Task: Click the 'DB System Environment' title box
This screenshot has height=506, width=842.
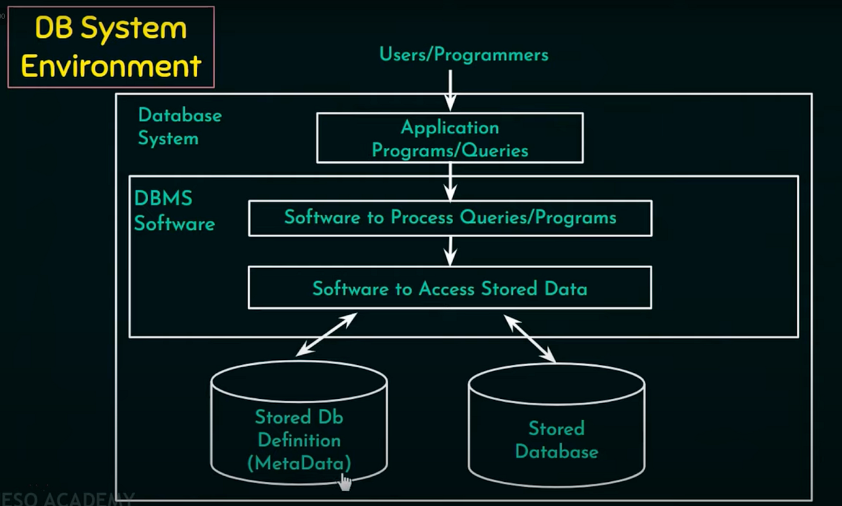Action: click(x=111, y=47)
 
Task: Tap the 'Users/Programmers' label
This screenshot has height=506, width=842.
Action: click(x=463, y=55)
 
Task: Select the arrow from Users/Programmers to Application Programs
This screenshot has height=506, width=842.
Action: click(x=451, y=90)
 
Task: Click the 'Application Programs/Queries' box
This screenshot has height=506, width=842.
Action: click(x=450, y=138)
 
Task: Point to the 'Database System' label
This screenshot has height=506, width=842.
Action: click(x=179, y=126)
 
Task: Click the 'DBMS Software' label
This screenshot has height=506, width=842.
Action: click(x=174, y=211)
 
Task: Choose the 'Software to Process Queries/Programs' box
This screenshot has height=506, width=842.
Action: click(x=450, y=218)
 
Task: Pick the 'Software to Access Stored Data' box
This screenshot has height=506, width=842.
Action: click(x=450, y=288)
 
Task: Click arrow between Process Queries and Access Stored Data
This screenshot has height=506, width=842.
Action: click(x=451, y=251)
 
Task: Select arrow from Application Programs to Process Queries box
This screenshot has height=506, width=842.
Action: click(x=451, y=182)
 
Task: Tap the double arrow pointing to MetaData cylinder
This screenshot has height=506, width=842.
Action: click(x=326, y=334)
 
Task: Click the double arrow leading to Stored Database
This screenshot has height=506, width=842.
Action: click(x=530, y=338)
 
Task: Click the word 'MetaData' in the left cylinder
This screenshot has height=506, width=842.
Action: click(x=299, y=463)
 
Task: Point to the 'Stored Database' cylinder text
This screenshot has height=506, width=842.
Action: click(x=556, y=440)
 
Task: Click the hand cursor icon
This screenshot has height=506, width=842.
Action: click(x=344, y=482)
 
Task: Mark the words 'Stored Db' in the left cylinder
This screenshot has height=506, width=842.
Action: click(x=299, y=417)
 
